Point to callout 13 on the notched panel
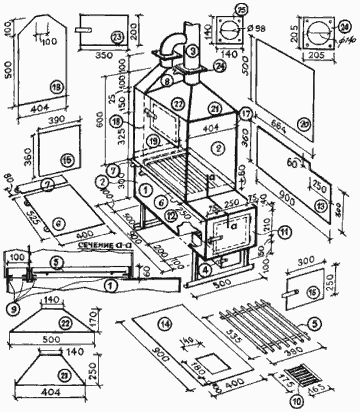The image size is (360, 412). tap(322, 207)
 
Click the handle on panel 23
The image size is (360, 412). tap(84, 28)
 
